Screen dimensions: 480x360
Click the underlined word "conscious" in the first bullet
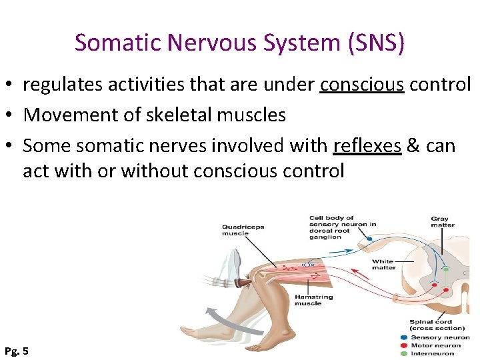tap(362, 85)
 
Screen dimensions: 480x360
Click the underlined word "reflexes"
tap(367, 145)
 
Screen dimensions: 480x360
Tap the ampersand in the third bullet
tap(413, 145)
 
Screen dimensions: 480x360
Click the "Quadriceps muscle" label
tap(243, 231)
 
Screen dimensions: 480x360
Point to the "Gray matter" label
tap(440, 222)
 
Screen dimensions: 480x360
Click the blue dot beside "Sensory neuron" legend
tap(403, 337)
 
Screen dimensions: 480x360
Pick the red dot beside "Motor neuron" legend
tap(403, 345)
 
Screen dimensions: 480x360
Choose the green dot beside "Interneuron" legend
tap(403, 353)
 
